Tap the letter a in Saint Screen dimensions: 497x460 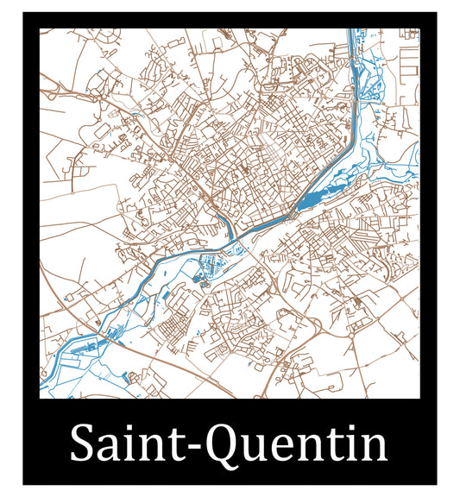(110, 450)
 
